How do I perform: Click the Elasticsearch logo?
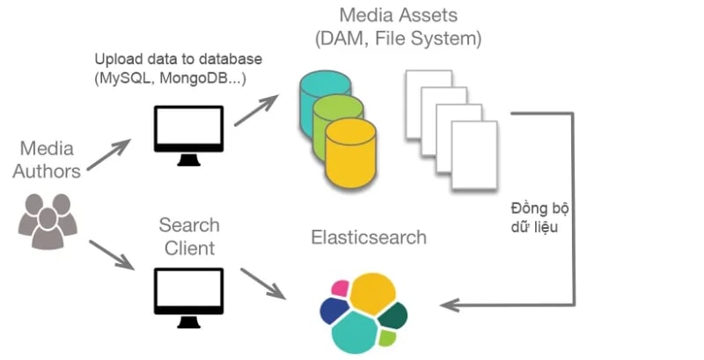click(363, 312)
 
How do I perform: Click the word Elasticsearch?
click(369, 238)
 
